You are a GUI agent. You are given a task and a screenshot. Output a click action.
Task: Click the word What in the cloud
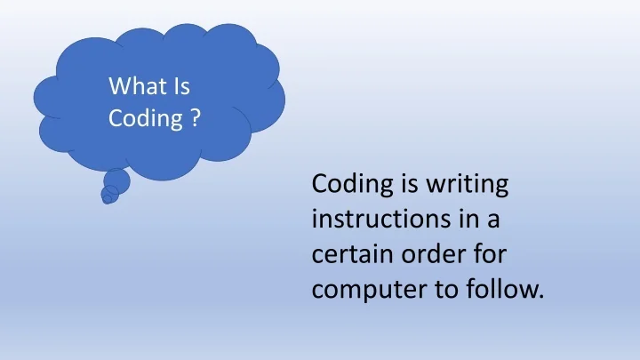point(134,86)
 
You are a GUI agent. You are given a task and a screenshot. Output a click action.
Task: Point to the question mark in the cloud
point(195,118)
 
